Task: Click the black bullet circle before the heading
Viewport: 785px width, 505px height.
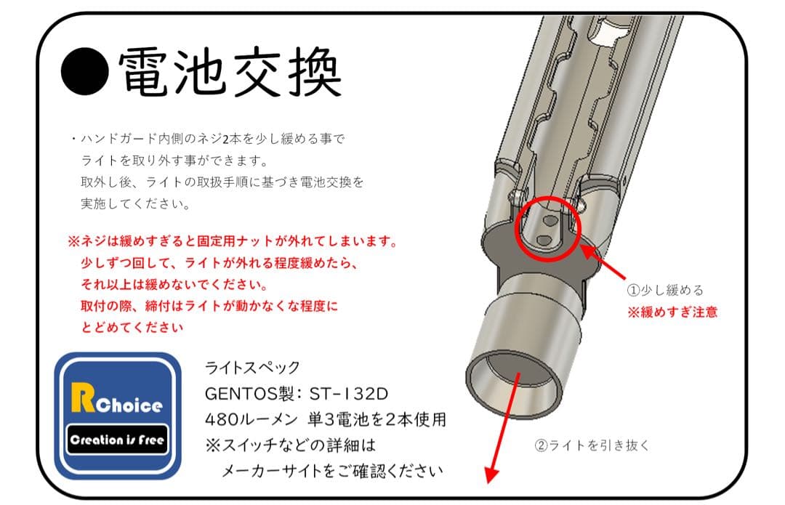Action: (84, 72)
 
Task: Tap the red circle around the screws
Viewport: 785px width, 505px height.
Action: (549, 228)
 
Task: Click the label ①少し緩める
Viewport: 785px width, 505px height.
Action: (665, 290)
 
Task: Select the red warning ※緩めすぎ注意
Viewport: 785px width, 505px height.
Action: (672, 312)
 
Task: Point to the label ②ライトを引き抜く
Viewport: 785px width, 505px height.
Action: (592, 445)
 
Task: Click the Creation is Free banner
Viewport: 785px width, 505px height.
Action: (117, 440)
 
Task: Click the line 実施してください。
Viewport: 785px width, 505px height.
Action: (135, 204)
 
